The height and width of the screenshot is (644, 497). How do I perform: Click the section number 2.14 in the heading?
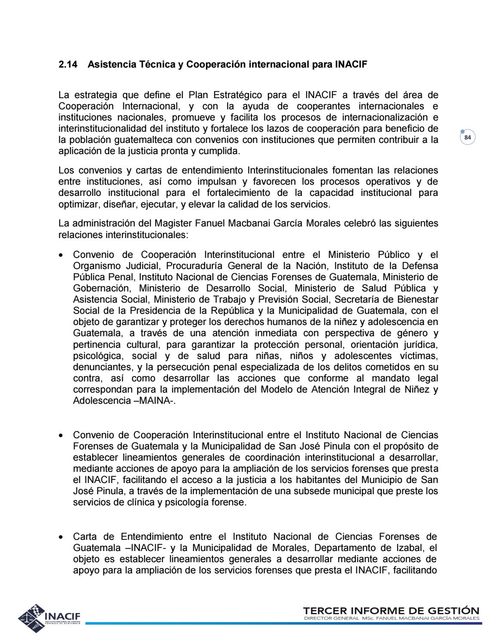(x=67, y=65)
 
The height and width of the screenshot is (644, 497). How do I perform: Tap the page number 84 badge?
(x=468, y=138)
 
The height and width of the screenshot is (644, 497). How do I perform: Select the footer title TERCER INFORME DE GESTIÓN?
(x=391, y=611)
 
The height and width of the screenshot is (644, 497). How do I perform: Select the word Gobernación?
(x=101, y=288)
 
